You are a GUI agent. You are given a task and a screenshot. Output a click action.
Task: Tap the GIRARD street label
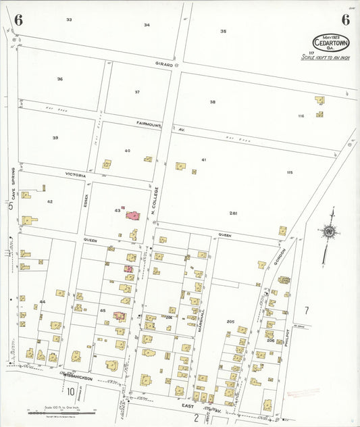pos(164,64)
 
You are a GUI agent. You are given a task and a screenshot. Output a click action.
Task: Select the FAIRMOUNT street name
pos(149,124)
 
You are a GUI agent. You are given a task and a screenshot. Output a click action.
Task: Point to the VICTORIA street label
pos(75,175)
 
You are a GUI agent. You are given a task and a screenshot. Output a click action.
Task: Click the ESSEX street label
pos(86,200)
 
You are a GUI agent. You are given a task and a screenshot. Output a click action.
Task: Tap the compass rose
pos(329,232)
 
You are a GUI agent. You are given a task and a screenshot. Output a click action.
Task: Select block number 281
pos(233,214)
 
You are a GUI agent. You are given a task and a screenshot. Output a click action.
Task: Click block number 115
pos(289,173)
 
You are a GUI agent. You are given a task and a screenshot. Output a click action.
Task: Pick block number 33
pos(69,20)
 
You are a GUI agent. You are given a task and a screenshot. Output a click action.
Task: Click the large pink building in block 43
pos(134,216)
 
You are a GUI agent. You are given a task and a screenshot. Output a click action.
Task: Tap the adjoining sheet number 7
pos(305,310)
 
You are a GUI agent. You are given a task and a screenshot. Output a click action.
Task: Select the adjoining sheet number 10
pos(70,391)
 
